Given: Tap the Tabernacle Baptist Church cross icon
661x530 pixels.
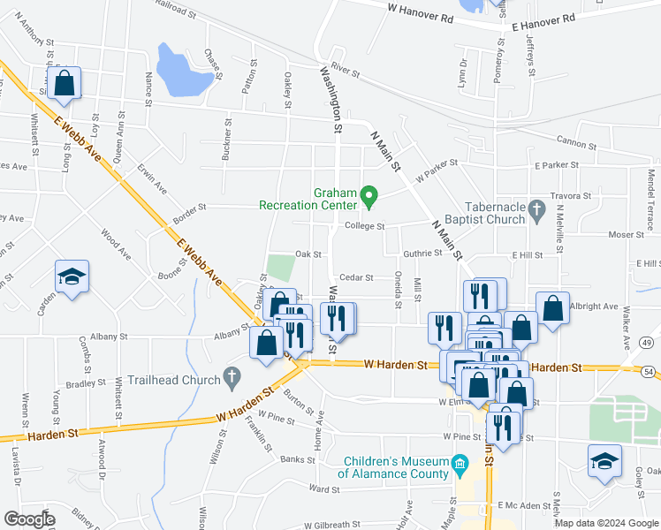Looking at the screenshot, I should [x=535, y=208].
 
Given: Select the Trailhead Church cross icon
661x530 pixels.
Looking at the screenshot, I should [x=232, y=377].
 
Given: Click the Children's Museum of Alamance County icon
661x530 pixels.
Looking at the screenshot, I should [x=460, y=464].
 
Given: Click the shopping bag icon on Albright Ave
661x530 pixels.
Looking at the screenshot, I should [x=553, y=309].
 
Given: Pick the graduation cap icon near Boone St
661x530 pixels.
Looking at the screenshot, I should [x=72, y=276].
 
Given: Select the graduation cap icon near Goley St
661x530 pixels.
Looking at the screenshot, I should [x=604, y=461].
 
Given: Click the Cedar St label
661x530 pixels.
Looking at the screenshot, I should [x=357, y=277].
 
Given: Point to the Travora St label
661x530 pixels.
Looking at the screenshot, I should [x=569, y=196].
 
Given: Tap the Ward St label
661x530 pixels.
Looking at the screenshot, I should [x=324, y=489].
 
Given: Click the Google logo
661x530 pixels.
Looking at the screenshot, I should [x=29, y=519].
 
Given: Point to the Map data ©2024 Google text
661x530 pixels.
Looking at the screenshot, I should [x=605, y=523].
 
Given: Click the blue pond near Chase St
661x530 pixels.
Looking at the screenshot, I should [x=183, y=71].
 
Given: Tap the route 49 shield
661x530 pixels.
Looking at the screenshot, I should [x=648, y=343].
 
